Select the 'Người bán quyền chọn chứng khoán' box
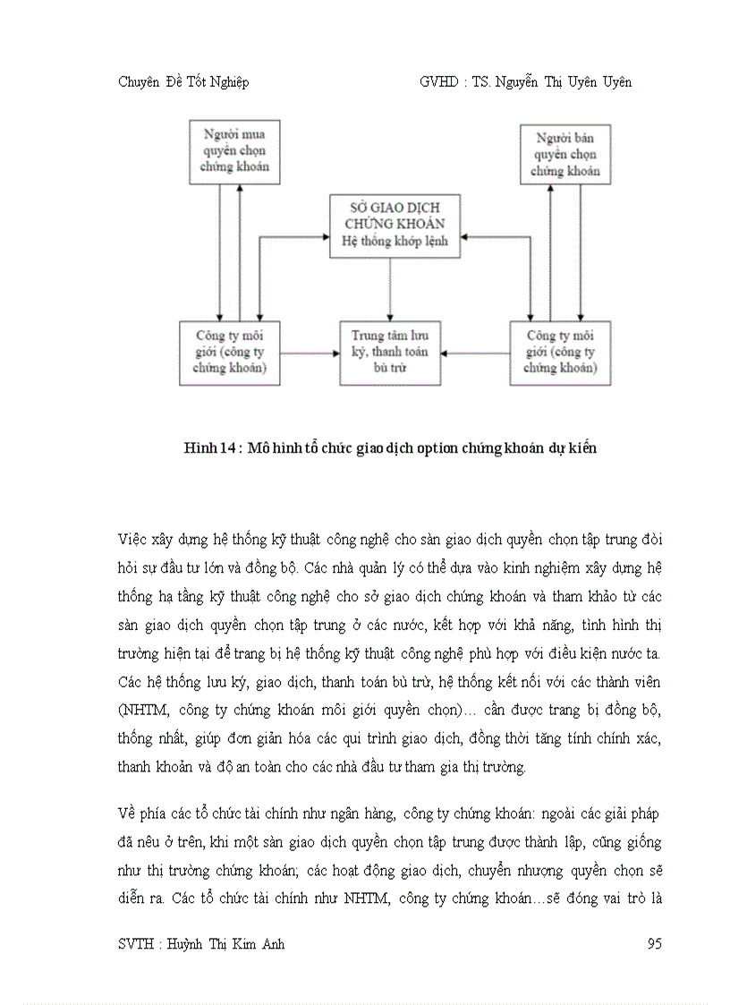click(x=565, y=154)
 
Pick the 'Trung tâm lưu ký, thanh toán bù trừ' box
click(x=389, y=353)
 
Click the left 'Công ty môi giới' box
click(x=229, y=353)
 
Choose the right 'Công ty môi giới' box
click(x=560, y=353)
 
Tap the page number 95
click(x=653, y=944)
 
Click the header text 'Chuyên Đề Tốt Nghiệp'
click(x=183, y=82)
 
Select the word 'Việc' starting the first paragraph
click(x=132, y=541)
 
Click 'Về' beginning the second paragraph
click(x=127, y=813)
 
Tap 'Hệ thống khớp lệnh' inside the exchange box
click(x=395, y=242)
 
